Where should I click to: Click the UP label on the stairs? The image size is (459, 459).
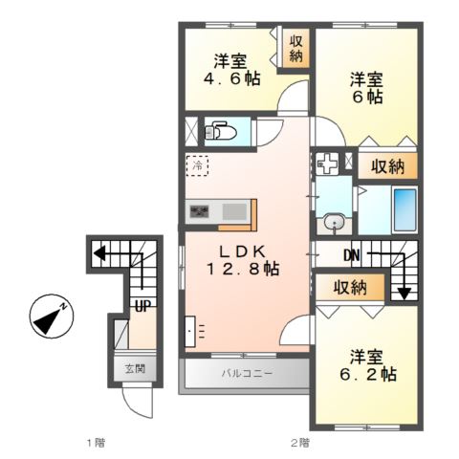click(142, 306)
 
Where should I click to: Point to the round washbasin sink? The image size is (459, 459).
click(335, 223)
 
